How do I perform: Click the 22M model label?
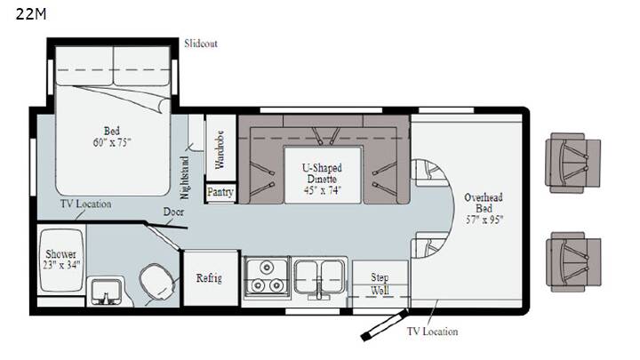coord(31,14)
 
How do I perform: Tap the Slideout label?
coord(200,44)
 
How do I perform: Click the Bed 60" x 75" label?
coord(111,136)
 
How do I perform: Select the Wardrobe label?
coord(220,149)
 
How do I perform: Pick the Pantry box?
coord(220,192)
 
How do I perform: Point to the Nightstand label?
coord(185,178)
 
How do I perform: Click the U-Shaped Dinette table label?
coord(323,179)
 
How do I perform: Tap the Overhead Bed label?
coord(484,209)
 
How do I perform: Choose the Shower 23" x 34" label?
coord(61,260)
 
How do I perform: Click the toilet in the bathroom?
coord(158,282)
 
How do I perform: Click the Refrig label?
coord(209,278)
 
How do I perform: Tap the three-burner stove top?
coord(266,278)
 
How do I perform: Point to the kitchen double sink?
coord(319,277)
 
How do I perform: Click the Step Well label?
coord(380,284)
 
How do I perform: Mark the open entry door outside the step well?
coord(385,325)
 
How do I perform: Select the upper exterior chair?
coord(573,163)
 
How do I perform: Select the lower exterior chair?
coord(573,262)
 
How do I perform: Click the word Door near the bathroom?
coord(173,212)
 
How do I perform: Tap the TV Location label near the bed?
coord(85,204)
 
